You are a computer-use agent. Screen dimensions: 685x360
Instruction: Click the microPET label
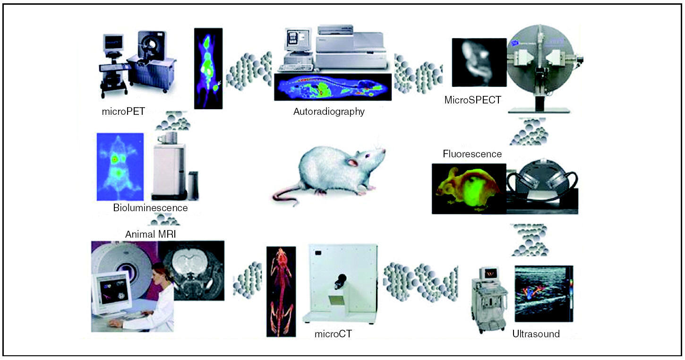coord(123,112)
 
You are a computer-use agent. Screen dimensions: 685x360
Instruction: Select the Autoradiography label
coord(329,112)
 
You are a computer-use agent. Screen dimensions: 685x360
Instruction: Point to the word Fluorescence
coord(472,154)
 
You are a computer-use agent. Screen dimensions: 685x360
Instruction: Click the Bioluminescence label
coord(150,208)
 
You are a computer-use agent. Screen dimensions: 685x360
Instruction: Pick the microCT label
coord(333,334)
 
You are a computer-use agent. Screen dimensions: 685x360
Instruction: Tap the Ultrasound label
coord(536,334)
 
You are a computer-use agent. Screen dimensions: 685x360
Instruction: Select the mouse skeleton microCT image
coord(281,291)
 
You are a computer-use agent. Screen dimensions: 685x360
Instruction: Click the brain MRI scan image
coord(191,270)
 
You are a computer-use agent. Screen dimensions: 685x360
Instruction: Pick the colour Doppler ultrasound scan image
coord(543,293)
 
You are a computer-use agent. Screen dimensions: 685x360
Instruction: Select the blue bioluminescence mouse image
coord(120,167)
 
